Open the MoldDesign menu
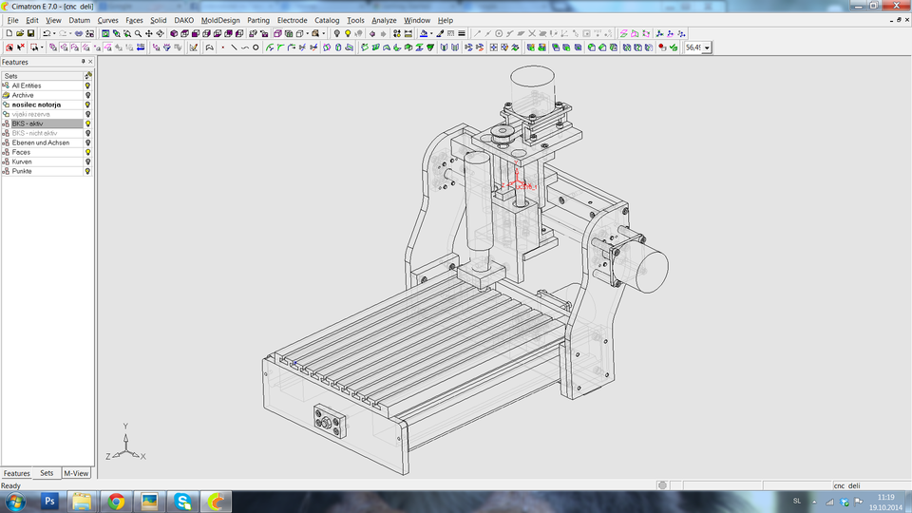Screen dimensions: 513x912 pyautogui.click(x=220, y=20)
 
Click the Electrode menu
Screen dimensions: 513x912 pyautogui.click(x=292, y=20)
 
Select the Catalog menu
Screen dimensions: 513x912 pyautogui.click(x=327, y=20)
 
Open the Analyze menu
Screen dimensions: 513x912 pyautogui.click(x=384, y=20)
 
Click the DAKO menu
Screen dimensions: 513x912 pyautogui.click(x=183, y=20)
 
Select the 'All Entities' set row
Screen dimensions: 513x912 pyautogui.click(x=27, y=85)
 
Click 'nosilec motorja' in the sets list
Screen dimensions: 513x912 pyautogui.click(x=36, y=104)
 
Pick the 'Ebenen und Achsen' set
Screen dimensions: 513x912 pyautogui.click(x=41, y=142)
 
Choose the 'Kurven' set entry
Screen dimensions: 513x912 pyautogui.click(x=22, y=161)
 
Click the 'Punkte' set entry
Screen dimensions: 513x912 pyautogui.click(x=22, y=171)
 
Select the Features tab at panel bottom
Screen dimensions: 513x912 pyautogui.click(x=16, y=473)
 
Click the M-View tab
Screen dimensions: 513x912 pyautogui.click(x=75, y=473)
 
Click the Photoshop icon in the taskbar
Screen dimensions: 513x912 pyautogui.click(x=50, y=501)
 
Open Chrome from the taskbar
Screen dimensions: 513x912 pyautogui.click(x=116, y=501)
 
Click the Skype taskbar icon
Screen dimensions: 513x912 pyautogui.click(x=182, y=501)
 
